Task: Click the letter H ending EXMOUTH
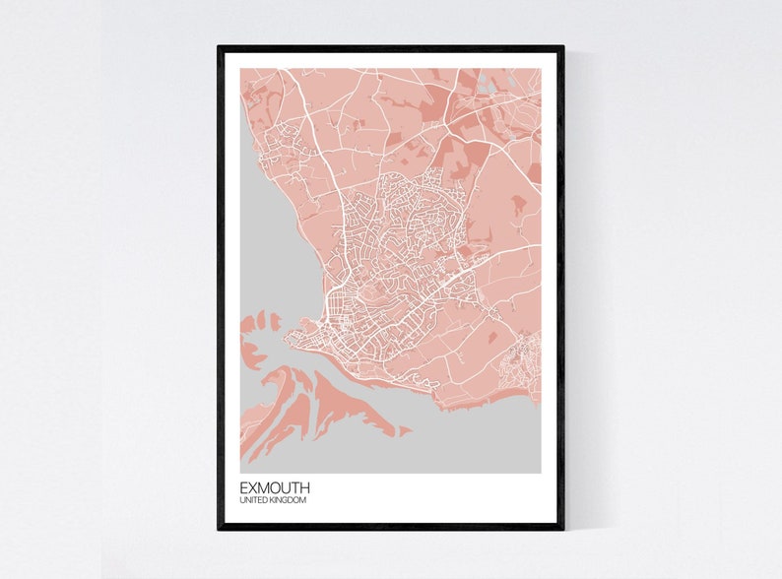point(304,487)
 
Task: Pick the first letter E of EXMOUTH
point(243,487)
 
